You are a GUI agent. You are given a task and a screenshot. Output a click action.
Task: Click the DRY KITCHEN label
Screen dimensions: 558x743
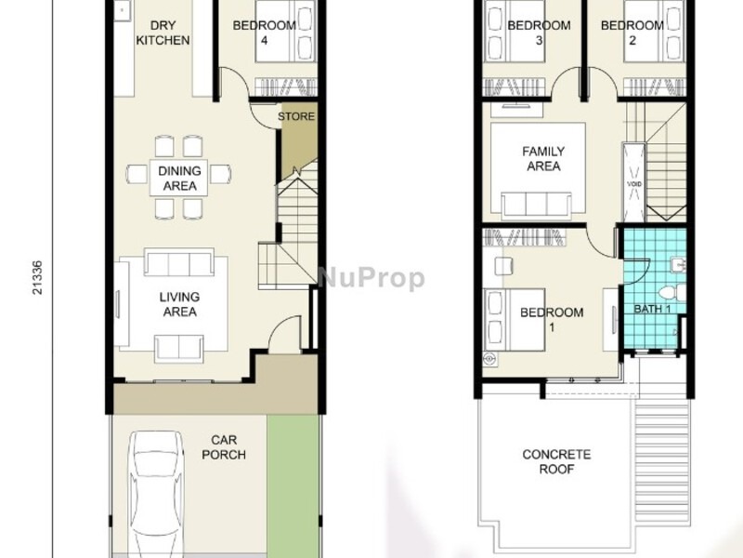163,33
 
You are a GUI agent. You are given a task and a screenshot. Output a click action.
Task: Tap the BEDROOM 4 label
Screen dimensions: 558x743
264,33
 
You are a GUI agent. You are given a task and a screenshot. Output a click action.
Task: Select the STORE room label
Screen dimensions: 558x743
296,116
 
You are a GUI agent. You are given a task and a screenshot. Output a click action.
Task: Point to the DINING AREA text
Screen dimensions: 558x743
179,179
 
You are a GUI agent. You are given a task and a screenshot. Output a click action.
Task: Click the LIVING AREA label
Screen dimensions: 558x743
179,304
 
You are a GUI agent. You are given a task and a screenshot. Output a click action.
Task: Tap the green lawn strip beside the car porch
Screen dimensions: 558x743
293,484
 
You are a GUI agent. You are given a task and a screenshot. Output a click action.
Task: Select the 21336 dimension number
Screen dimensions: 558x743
38,277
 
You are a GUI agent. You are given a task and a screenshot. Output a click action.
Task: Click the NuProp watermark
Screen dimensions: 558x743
371,278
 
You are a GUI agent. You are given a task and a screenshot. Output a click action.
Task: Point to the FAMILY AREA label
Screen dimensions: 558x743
543,158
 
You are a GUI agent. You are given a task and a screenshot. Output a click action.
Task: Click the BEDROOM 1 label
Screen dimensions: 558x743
551,319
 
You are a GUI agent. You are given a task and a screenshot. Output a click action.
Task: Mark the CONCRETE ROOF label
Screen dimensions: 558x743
556,461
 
